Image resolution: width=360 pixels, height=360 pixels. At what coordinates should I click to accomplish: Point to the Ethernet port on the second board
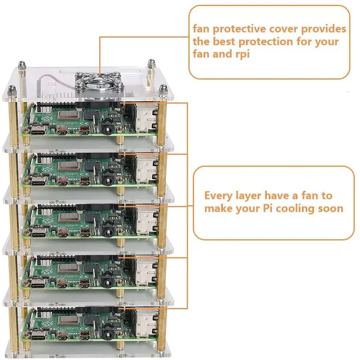tap(146, 166)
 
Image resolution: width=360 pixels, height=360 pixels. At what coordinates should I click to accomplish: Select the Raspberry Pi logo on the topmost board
tap(32, 116)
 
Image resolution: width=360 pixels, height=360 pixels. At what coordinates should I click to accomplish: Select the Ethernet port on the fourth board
tap(146, 269)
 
